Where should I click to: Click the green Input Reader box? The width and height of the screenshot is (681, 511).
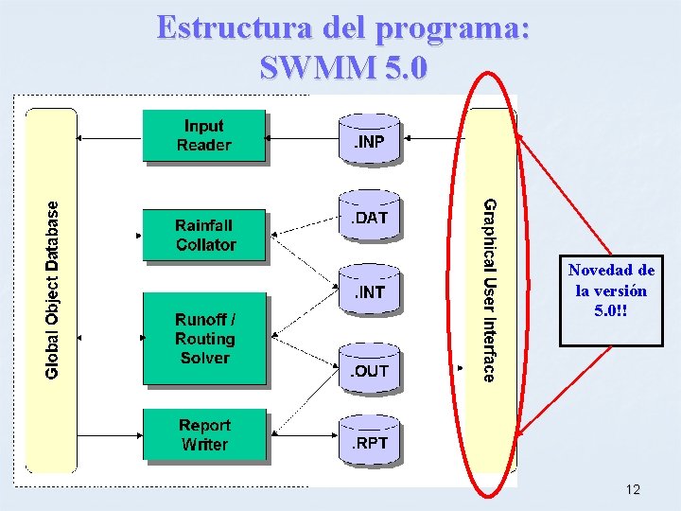(203, 135)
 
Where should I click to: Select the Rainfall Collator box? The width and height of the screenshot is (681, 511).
(204, 235)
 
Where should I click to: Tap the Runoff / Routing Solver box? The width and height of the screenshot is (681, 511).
(204, 339)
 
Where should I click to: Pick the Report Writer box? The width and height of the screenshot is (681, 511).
(204, 434)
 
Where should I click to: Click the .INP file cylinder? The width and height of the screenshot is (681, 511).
(369, 141)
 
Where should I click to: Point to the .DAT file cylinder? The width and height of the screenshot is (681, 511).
(370, 219)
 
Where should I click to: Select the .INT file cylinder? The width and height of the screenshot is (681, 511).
(369, 291)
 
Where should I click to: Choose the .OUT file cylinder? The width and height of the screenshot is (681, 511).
(370, 370)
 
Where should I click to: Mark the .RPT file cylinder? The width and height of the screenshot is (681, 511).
(370, 442)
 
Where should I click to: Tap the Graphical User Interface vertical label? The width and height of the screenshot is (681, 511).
(490, 290)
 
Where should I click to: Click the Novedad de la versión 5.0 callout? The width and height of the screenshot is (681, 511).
(611, 290)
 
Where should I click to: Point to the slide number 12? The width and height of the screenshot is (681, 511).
(633, 489)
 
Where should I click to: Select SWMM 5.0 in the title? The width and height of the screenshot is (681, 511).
(342, 68)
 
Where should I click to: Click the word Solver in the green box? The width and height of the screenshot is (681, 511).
(204, 358)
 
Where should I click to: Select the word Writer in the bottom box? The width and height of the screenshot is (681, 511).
(204, 444)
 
